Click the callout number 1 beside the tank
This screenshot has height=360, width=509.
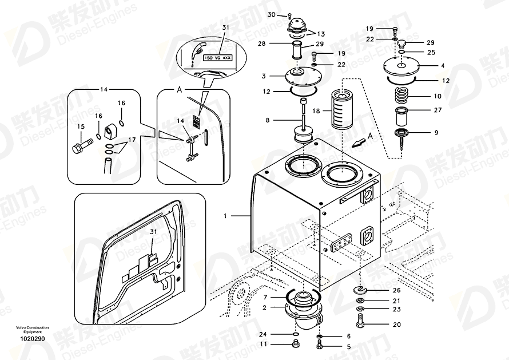point(225,216)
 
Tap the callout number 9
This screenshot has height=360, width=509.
point(436,133)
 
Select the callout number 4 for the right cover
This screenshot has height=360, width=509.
point(442,66)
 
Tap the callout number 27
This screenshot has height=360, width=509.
point(438,110)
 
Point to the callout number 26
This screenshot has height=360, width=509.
point(396,290)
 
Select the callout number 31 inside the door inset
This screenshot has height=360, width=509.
point(153,232)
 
